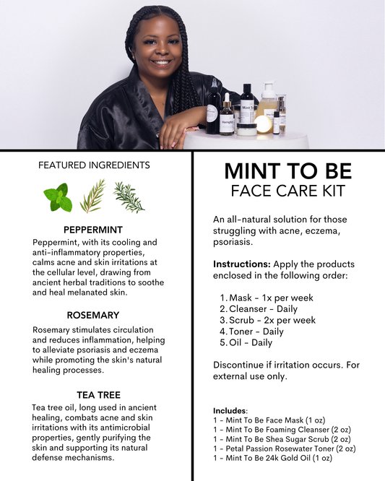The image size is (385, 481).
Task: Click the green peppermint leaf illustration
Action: click(x=58, y=197)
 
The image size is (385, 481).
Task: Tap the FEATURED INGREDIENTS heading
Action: click(x=94, y=165)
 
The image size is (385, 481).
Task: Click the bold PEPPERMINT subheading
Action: click(x=93, y=230)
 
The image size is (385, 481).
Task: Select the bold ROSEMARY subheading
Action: click(x=93, y=315)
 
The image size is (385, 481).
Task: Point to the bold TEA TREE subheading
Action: click(x=98, y=395)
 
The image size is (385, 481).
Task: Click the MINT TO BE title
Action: click(x=288, y=170)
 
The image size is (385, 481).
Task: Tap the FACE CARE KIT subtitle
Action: click(x=288, y=191)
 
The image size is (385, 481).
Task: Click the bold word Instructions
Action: click(x=242, y=264)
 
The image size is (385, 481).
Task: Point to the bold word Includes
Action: click(x=230, y=410)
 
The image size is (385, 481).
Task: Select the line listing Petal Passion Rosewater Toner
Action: click(x=285, y=448)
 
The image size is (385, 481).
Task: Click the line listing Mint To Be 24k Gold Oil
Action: click(x=273, y=458)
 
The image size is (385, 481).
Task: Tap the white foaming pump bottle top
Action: click(x=269, y=87)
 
